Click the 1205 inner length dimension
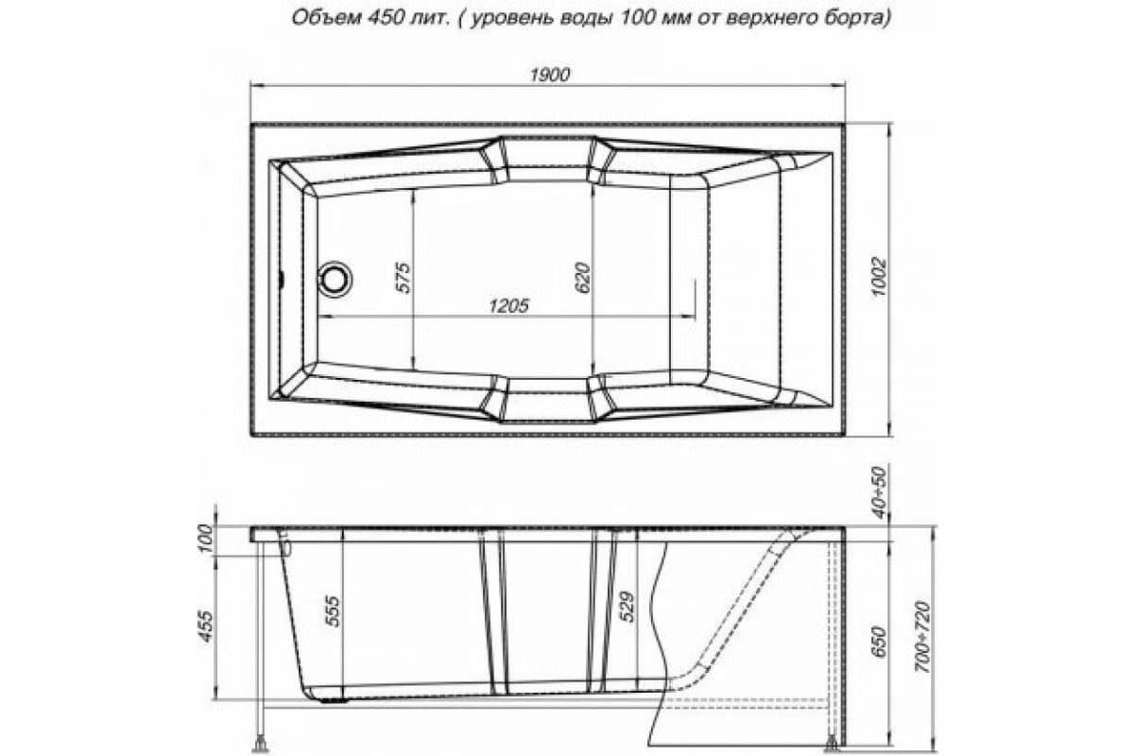[507, 305]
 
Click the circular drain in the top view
[334, 278]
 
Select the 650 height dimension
[878, 642]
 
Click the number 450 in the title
[368, 17]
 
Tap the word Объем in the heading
[311, 17]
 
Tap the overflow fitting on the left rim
[284, 540]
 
